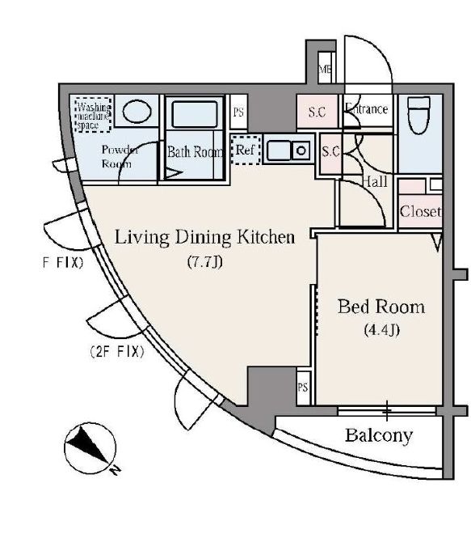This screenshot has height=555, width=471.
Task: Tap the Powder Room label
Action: [x=120, y=156]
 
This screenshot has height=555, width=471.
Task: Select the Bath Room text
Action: [x=194, y=151]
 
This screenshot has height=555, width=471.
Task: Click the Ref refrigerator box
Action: [x=244, y=150]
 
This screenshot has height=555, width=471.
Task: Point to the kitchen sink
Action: [x=288, y=150]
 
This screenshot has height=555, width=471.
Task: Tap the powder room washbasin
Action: [x=137, y=112]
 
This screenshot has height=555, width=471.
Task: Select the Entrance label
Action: [x=367, y=109]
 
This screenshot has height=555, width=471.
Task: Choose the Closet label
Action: [x=420, y=212]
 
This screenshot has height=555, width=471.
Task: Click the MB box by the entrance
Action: [x=326, y=70]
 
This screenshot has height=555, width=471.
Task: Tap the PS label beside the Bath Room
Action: [x=238, y=112]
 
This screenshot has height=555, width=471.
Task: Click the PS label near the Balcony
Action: [x=304, y=387]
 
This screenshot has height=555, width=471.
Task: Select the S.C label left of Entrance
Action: [x=316, y=112]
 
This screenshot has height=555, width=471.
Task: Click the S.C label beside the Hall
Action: [x=330, y=151]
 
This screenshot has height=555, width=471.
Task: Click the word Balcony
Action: [x=379, y=435]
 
